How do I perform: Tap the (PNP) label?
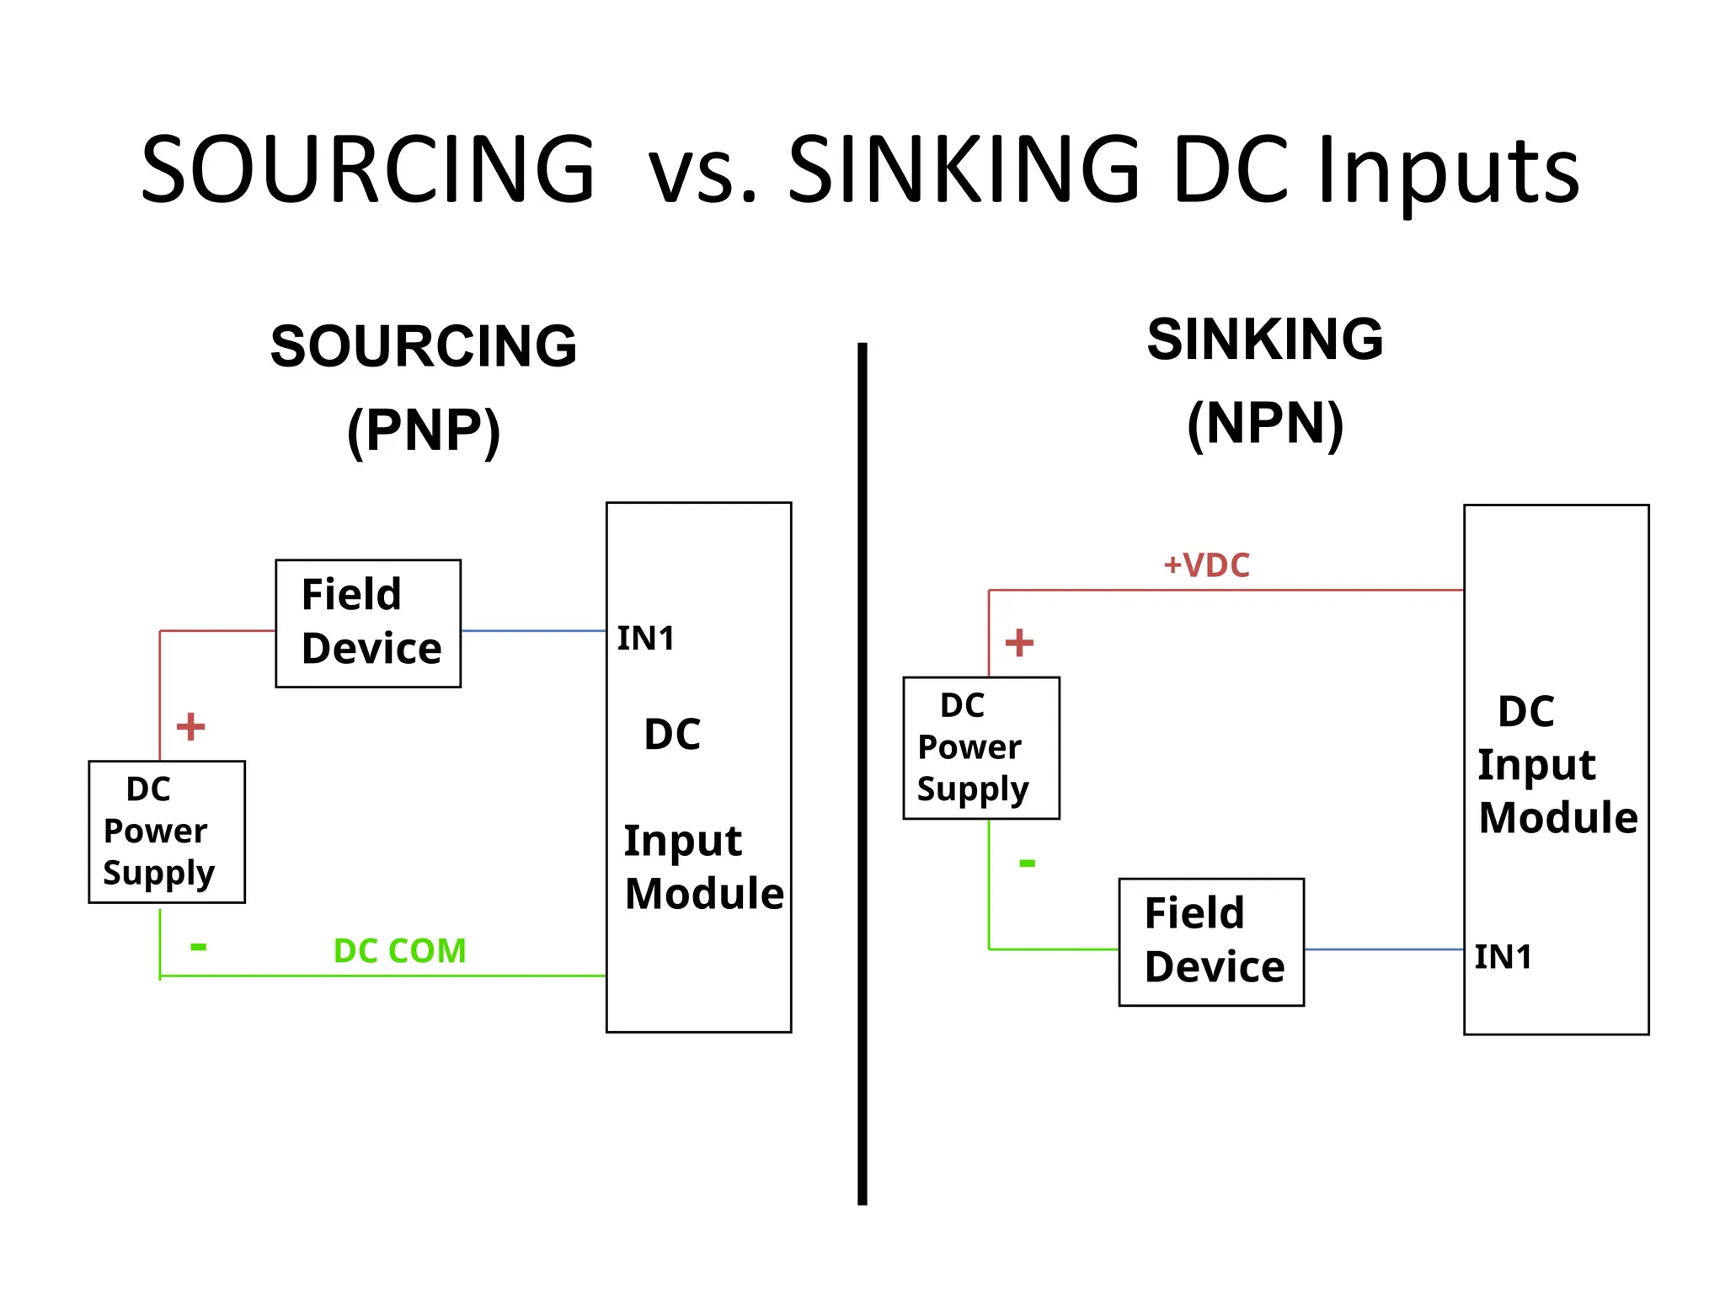pyautogui.click(x=424, y=430)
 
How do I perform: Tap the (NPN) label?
pyautogui.click(x=1264, y=424)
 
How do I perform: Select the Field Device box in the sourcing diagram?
pyautogui.click(x=368, y=623)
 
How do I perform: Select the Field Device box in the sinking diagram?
pyautogui.click(x=1211, y=942)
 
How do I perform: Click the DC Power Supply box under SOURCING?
pyautogui.click(x=167, y=831)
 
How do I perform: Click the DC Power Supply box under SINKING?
pyautogui.click(x=981, y=747)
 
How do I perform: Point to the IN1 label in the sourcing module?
pyautogui.click(x=646, y=639)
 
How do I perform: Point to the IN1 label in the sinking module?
pyautogui.click(x=1503, y=957)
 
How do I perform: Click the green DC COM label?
pyautogui.click(x=399, y=951)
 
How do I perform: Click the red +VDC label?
pyautogui.click(x=1206, y=565)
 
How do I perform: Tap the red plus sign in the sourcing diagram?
pyautogui.click(x=190, y=726)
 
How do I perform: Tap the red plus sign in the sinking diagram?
pyautogui.click(x=1019, y=643)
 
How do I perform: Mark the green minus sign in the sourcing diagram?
pyautogui.click(x=199, y=947)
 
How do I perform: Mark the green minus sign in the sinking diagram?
pyautogui.click(x=1027, y=863)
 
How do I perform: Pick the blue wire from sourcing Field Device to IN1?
pyautogui.click(x=533, y=630)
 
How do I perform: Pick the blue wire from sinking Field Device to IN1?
pyautogui.click(x=1383, y=949)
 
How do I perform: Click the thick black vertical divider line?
pyautogui.click(x=862, y=773)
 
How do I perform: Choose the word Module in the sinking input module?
pyautogui.click(x=1557, y=818)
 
